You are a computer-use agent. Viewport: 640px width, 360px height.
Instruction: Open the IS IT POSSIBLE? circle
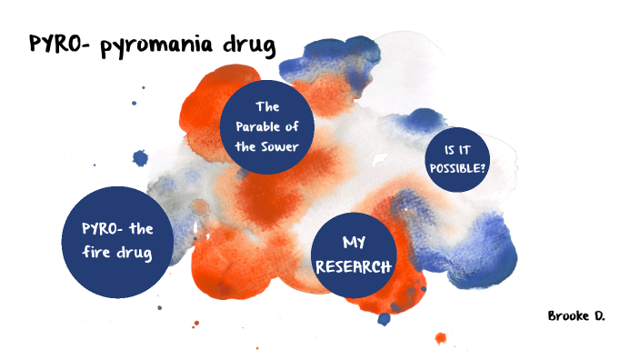pyautogui.click(x=459, y=160)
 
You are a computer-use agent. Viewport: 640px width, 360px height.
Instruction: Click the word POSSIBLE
pyautogui.click(x=455, y=169)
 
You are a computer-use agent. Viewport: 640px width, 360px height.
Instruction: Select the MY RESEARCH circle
pyautogui.click(x=353, y=257)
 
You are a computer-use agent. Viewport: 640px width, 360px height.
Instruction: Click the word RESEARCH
pyautogui.click(x=353, y=267)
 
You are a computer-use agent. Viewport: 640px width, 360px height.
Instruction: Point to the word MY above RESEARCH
pyautogui.click(x=353, y=245)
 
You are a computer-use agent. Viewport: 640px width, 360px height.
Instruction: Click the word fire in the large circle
pyautogui.click(x=100, y=252)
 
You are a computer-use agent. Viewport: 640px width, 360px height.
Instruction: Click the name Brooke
pyautogui.click(x=565, y=315)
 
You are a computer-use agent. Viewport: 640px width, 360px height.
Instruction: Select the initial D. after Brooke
pyautogui.click(x=597, y=315)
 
